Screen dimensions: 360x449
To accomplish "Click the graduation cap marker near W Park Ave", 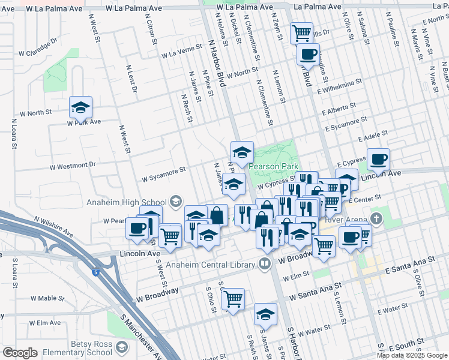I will (80, 107).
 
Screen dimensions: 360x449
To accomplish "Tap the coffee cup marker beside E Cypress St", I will (378, 160).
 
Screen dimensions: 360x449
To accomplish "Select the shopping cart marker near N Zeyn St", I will (301, 32).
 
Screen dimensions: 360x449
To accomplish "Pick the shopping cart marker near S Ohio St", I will (233, 298).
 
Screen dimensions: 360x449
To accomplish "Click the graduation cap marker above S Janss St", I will (265, 314).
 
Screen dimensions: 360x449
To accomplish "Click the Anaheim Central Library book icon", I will (265, 263).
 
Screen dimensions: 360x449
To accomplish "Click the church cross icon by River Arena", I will (376, 218).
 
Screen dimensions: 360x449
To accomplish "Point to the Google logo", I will (20, 352).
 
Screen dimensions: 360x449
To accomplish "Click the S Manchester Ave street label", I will (142, 336).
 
